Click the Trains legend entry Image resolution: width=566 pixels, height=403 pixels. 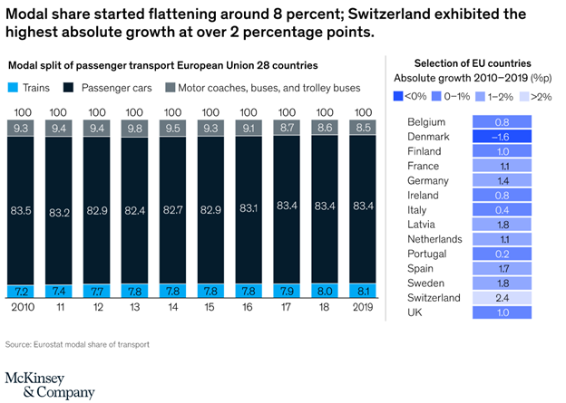pos(34,88)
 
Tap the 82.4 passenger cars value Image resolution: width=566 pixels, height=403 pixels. pos(133,211)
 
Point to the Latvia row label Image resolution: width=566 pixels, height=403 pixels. pos(423,225)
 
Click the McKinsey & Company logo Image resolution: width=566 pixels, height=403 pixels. pos(50,384)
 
